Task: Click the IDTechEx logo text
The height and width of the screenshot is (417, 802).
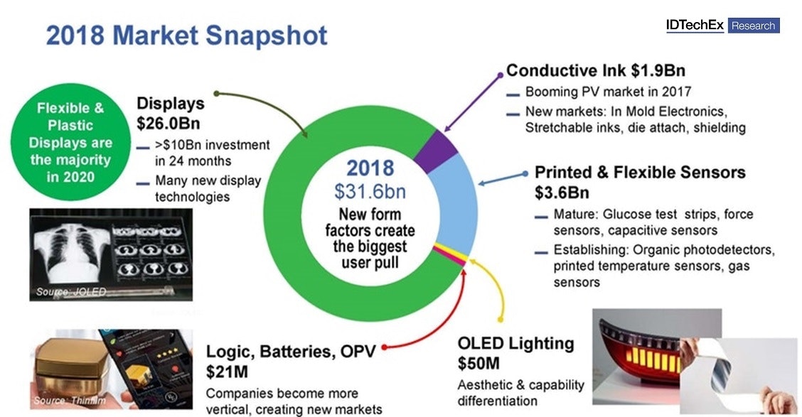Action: tap(695, 26)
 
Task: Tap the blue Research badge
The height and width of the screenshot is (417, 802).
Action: tap(753, 26)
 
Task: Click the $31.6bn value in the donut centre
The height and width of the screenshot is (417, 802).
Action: tap(370, 191)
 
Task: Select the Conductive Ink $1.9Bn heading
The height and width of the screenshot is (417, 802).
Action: tap(596, 70)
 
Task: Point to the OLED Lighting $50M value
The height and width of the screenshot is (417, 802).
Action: tap(478, 363)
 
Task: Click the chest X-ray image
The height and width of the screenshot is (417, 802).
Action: tap(71, 254)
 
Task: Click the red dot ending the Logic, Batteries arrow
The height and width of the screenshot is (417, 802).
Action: tap(385, 347)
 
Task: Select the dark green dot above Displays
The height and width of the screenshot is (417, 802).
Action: tap(216, 93)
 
